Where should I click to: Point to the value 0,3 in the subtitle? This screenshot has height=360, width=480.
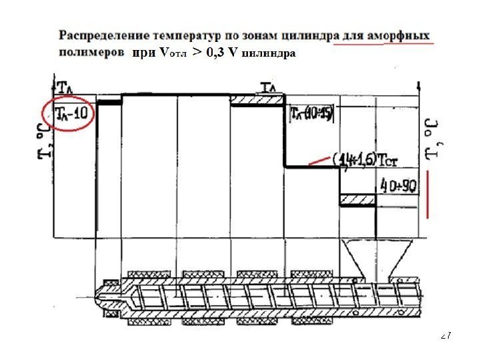[x=215, y=51]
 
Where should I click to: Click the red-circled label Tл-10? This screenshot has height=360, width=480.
[x=69, y=114]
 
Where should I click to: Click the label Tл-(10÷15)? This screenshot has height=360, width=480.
[x=311, y=114]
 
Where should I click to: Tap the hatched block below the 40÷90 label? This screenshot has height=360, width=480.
[x=359, y=199]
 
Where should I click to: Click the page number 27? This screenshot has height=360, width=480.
[x=447, y=336]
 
